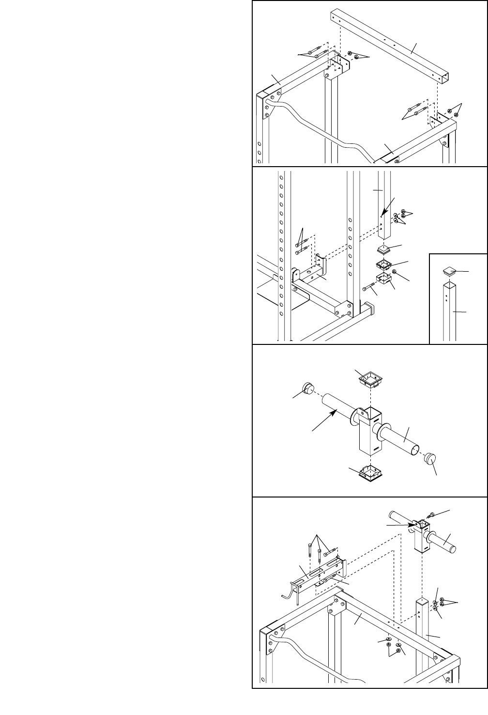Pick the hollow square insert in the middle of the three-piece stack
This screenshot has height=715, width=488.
tap(384, 265)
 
